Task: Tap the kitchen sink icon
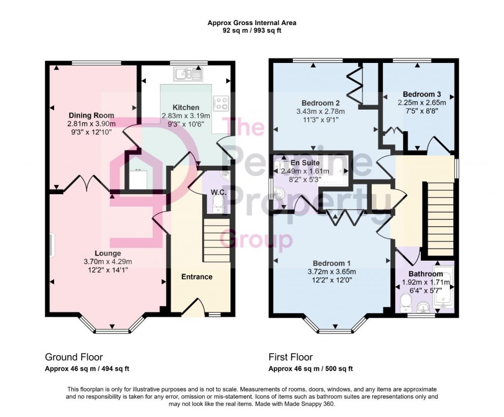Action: [x=187, y=74]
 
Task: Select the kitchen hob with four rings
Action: [x=220, y=103]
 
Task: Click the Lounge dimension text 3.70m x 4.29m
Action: [x=108, y=262]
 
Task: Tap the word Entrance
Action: [x=196, y=277]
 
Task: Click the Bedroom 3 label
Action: [x=421, y=94]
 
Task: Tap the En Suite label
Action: [x=305, y=162]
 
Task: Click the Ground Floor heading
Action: [x=74, y=357]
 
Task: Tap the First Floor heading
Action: [x=290, y=357]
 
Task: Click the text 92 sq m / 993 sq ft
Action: [x=252, y=30]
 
